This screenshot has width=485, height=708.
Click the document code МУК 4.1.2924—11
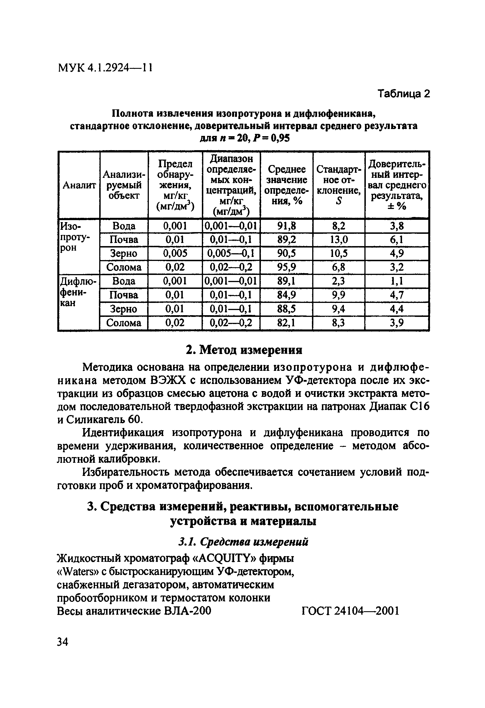tap(105, 68)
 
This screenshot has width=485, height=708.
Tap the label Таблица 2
tap(403, 94)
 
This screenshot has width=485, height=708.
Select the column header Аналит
tap(79, 185)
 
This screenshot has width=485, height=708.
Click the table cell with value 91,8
tap(286, 226)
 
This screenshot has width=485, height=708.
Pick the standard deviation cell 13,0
tap(339, 240)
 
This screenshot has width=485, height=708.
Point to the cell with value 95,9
tap(286, 267)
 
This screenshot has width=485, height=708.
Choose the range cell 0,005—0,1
tap(231, 254)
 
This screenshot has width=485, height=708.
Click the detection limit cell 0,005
tap(175, 254)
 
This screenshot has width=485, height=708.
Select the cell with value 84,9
tap(286, 295)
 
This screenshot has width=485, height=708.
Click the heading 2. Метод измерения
tap(244, 350)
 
